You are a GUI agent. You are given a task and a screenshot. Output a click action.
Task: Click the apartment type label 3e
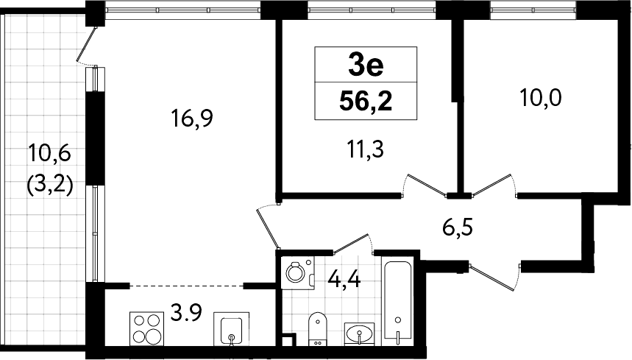tap(366, 66)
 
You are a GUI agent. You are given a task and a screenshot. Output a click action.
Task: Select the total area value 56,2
tap(366, 101)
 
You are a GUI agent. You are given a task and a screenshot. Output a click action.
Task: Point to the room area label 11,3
tap(365, 149)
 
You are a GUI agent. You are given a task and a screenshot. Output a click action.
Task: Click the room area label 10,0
tap(541, 98)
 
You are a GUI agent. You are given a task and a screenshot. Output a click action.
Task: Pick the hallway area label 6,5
tap(458, 227)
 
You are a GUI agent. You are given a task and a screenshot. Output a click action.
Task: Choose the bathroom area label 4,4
tap(344, 278)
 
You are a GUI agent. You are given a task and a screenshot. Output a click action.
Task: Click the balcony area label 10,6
tap(49, 154)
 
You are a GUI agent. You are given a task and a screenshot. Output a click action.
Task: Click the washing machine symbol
tap(298, 272)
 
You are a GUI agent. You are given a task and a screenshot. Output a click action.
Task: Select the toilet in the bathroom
tap(318, 328)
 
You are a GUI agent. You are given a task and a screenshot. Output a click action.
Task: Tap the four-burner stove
tap(147, 328)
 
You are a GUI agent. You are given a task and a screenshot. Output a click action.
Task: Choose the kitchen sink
tap(231, 329)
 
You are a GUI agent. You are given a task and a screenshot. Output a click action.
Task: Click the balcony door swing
tap(88, 46)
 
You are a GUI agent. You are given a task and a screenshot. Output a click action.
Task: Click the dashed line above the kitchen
tap(187, 286)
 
